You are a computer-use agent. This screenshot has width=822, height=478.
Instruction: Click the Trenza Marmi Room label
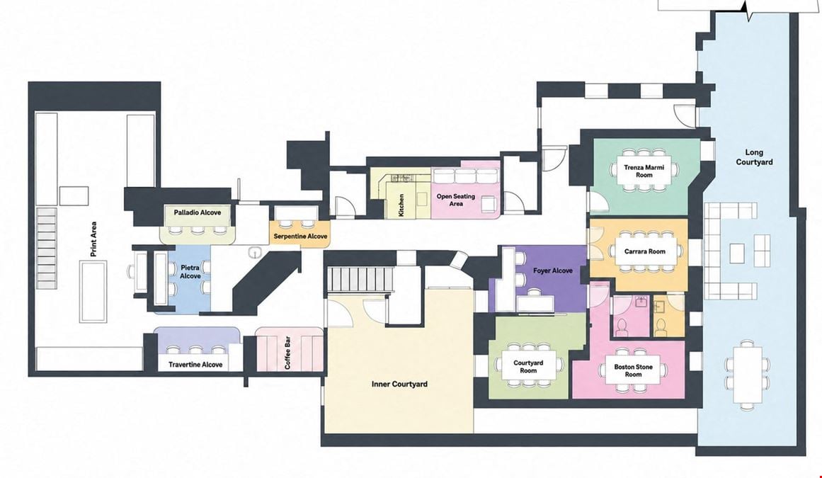pyautogui.click(x=644, y=171)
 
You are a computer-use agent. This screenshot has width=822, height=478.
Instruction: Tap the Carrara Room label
pyautogui.click(x=644, y=251)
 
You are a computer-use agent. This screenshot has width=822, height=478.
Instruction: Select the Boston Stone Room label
pyautogui.click(x=633, y=370)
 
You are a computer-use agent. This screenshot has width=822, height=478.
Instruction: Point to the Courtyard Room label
pyautogui.click(x=528, y=366)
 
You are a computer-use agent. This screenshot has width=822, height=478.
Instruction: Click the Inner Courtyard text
pyautogui.click(x=399, y=385)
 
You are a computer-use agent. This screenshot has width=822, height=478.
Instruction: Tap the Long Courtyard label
pyautogui.click(x=754, y=157)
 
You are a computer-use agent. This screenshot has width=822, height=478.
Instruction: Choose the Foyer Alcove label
pyautogui.click(x=552, y=271)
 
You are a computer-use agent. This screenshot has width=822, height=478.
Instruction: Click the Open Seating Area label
pyautogui.click(x=455, y=200)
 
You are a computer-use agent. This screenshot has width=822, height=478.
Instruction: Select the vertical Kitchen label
pyautogui.click(x=401, y=205)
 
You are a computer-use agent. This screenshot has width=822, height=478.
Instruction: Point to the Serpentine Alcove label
pyautogui.click(x=300, y=237)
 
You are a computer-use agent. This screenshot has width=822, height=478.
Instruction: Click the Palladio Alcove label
pyautogui.click(x=197, y=212)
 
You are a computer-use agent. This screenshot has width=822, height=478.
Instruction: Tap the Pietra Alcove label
pyautogui.click(x=190, y=271)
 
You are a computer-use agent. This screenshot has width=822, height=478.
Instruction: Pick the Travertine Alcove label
pyautogui.click(x=195, y=364)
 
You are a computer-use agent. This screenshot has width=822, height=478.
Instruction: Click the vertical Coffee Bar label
pyautogui.click(x=287, y=352)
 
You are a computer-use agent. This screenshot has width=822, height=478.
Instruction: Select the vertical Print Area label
pyautogui.click(x=93, y=239)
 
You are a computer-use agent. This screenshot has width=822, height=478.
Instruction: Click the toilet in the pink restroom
pyautogui.click(x=622, y=328)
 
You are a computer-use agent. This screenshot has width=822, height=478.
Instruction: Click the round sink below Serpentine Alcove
pyautogui.click(x=254, y=253)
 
